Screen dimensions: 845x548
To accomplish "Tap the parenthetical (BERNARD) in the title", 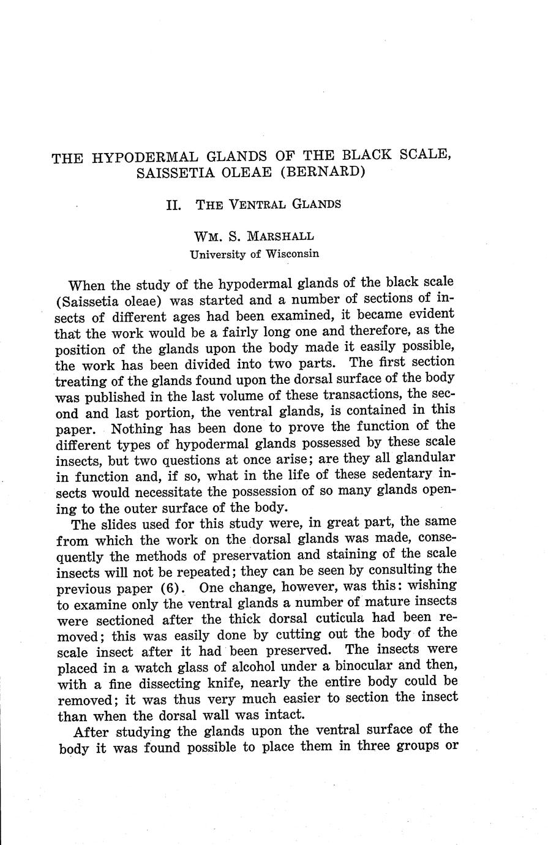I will (x=324, y=171).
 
